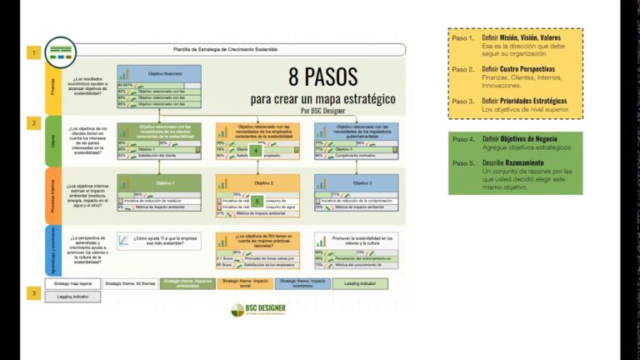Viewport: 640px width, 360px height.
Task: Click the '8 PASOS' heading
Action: tap(323, 77)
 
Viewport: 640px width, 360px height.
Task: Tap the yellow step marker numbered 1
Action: tap(34, 52)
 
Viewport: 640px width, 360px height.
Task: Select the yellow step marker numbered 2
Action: tap(34, 123)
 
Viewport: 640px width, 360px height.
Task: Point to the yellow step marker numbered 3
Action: tap(34, 293)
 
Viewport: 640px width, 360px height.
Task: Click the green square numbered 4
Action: tap(256, 150)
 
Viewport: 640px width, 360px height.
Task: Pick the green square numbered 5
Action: tap(257, 202)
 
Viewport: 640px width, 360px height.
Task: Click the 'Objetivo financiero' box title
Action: tap(165, 73)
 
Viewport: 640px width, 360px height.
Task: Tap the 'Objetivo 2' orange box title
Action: tap(263, 182)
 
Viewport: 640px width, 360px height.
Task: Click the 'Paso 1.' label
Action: tap(463, 38)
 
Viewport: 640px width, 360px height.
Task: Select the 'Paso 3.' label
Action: tap(463, 101)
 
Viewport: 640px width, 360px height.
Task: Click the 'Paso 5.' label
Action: tap(463, 162)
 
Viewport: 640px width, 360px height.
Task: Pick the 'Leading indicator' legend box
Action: tap(360, 284)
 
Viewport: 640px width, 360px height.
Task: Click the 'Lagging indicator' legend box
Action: tap(72, 296)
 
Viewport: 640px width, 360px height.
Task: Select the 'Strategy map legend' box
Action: tap(72, 284)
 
